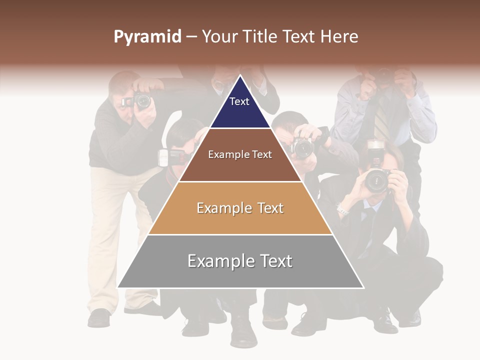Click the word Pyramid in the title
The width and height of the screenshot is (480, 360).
(x=147, y=37)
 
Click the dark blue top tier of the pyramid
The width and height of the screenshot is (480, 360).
(x=240, y=107)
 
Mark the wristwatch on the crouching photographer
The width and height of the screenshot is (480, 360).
(x=342, y=210)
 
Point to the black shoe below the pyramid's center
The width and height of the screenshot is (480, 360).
(x=244, y=332)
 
